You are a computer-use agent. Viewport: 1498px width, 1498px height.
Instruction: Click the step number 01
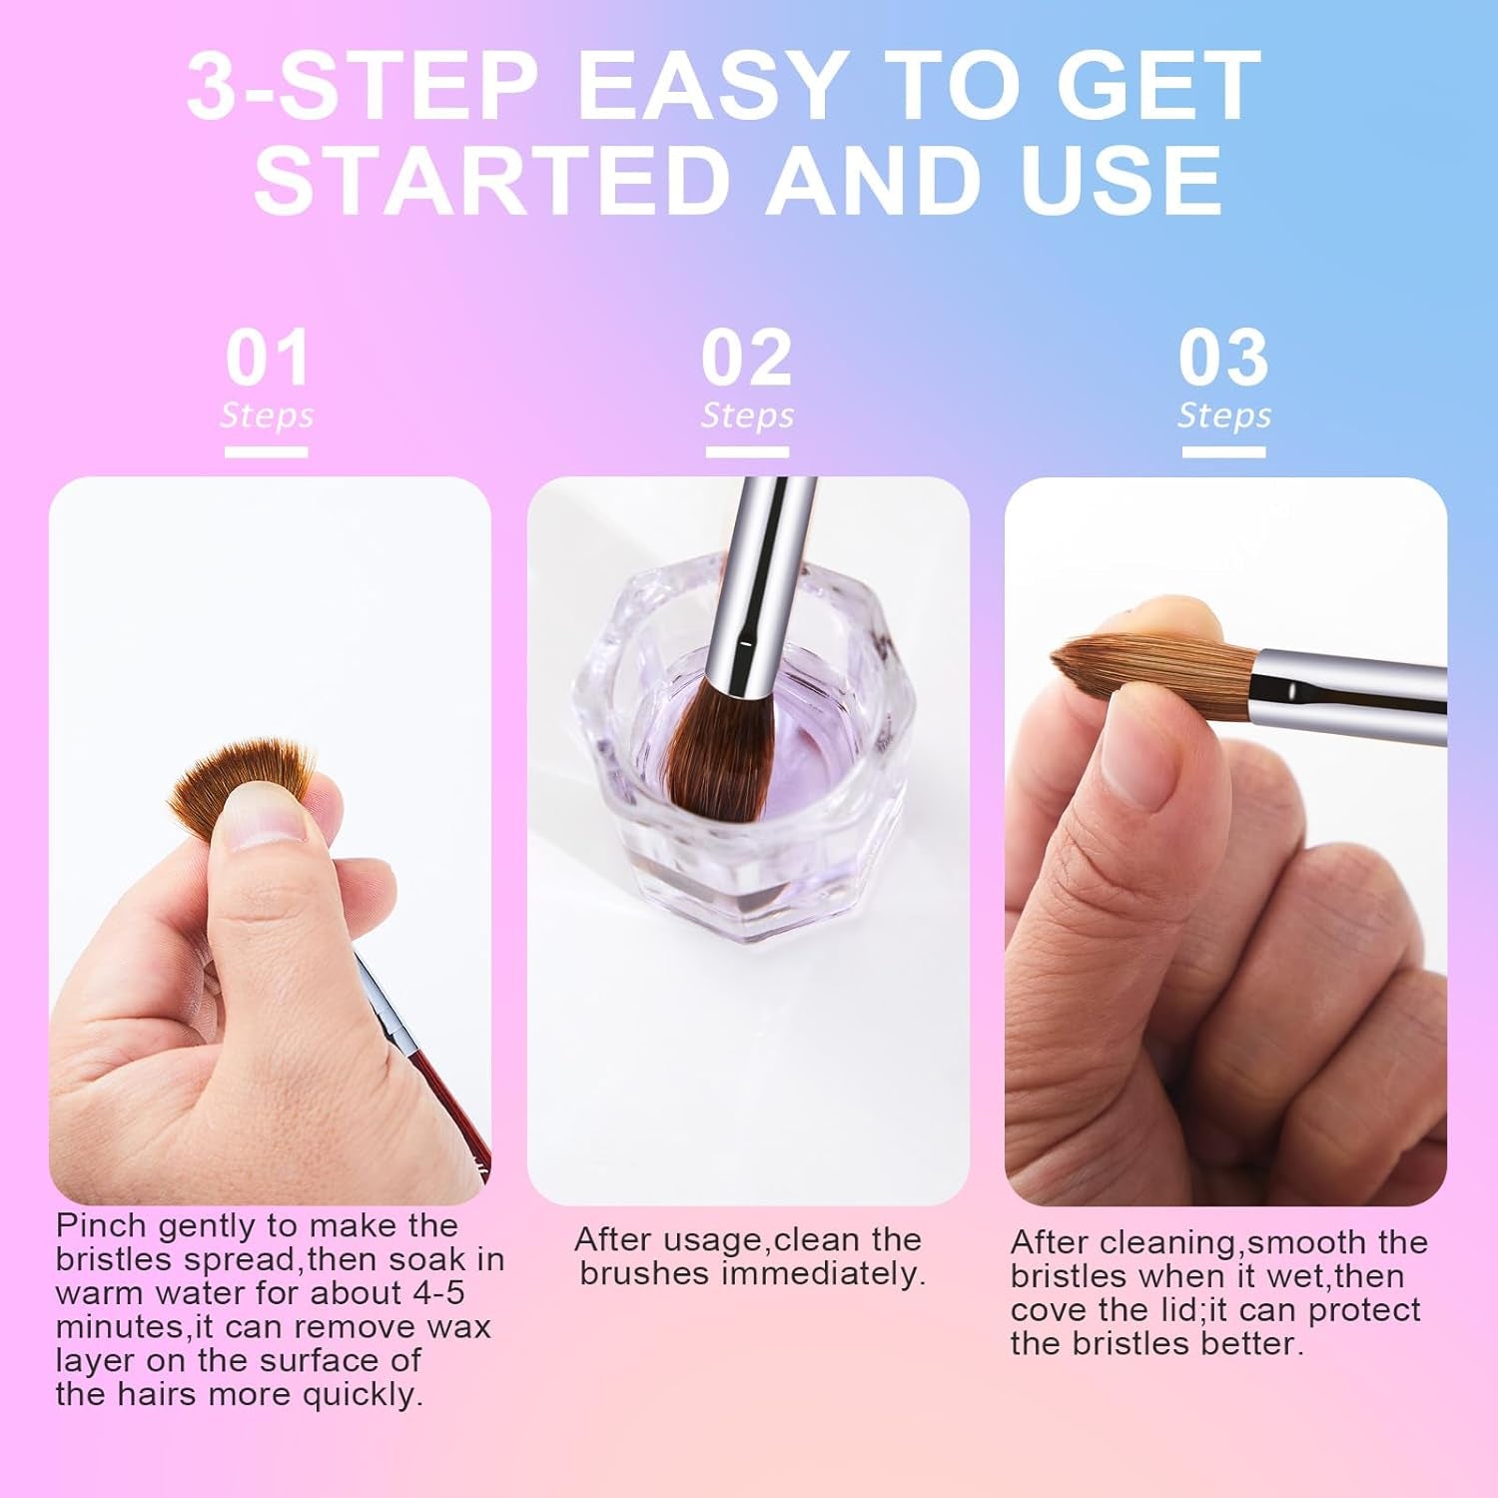267,359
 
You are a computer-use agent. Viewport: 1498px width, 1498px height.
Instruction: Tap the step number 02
746,359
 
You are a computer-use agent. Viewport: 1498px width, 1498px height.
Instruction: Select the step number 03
1223,359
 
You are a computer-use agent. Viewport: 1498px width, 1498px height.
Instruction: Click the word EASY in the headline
711,87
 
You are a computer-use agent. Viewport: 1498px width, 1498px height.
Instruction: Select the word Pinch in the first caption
101,1225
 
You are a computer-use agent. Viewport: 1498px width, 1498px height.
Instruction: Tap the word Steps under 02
747,415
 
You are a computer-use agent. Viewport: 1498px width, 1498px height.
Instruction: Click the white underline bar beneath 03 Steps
1223,452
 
